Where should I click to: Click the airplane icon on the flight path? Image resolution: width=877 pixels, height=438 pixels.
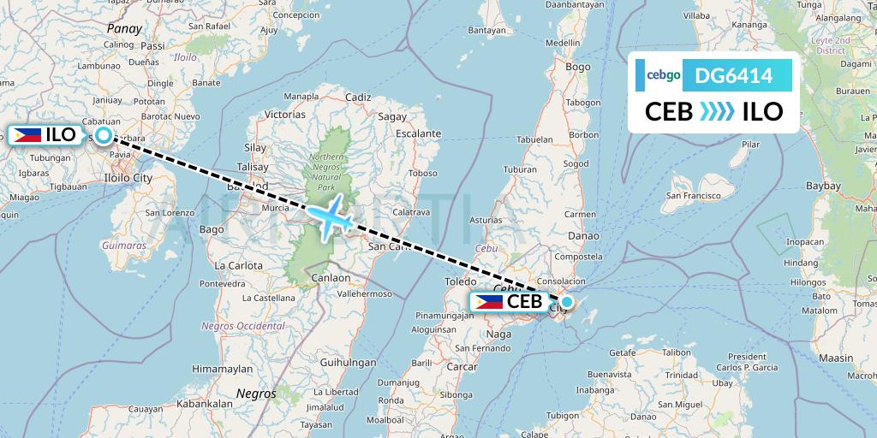[331, 216]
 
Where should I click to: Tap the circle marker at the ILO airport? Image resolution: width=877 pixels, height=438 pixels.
[104, 135]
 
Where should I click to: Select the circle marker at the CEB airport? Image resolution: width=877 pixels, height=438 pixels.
[566, 302]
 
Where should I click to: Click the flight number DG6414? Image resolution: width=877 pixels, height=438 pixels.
[734, 76]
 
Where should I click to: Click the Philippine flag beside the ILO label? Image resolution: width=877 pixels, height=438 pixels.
[27, 134]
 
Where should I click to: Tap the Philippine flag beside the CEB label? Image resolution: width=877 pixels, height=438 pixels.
[488, 301]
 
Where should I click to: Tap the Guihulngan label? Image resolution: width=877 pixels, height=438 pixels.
[347, 362]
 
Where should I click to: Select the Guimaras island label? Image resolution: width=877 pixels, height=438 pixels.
[124, 244]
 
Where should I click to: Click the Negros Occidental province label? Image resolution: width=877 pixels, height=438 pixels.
[242, 326]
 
